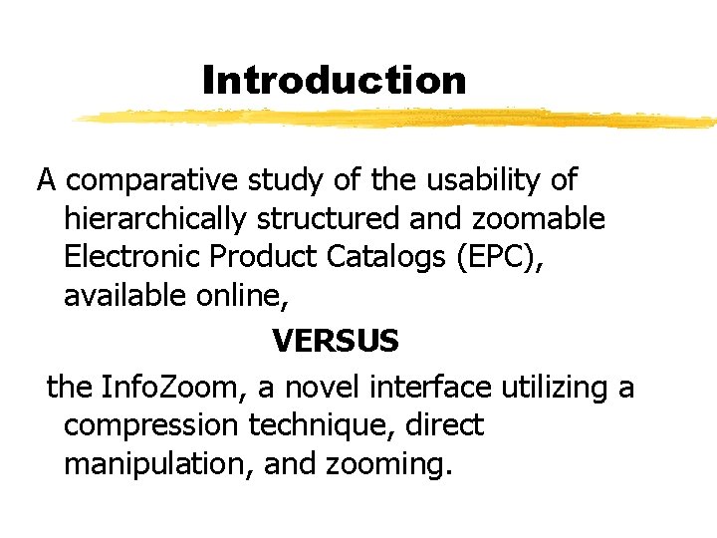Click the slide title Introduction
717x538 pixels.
tap(334, 80)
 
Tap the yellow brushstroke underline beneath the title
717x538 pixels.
tap(398, 119)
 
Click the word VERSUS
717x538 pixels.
tap(335, 342)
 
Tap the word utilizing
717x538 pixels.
tap(562, 387)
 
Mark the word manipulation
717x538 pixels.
tap(158, 463)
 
